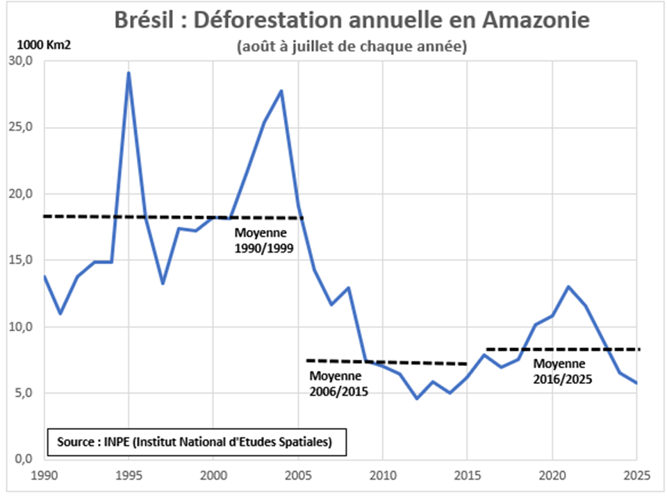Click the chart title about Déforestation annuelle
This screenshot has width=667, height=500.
[x=352, y=20]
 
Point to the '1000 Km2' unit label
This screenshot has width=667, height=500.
[x=40, y=47]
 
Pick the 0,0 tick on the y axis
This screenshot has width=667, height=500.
[x=24, y=459]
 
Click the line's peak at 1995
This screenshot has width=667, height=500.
[x=129, y=73]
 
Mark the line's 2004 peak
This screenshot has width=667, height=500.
[x=281, y=90]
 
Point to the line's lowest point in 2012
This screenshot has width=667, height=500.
[x=416, y=399]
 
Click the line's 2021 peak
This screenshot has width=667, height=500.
[x=569, y=287]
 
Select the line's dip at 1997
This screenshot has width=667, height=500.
[x=162, y=283]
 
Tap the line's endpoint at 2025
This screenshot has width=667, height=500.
[x=636, y=383]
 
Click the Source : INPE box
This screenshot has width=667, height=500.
[x=197, y=441]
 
